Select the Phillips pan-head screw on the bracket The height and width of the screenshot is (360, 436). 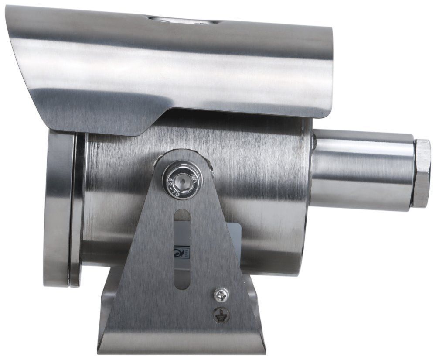click(221, 295)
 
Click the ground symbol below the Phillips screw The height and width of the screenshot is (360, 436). click(221, 315)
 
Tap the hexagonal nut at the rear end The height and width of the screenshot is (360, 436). click(421, 173)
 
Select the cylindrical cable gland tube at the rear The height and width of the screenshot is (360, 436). click(362, 170)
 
